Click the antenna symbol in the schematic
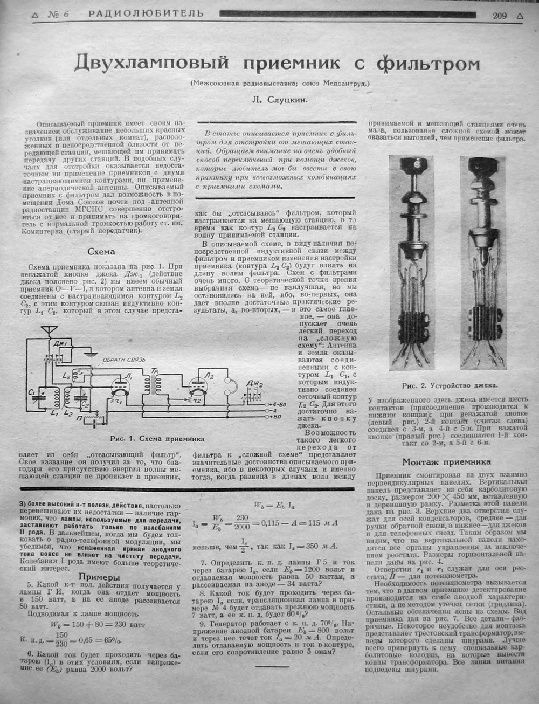pos(49,329)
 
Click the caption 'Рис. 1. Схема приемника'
pos(156,438)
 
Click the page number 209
pos(499,15)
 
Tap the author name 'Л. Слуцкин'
pos(278,99)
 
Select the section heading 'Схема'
pos(101,252)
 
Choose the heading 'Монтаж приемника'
pos(446,461)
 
